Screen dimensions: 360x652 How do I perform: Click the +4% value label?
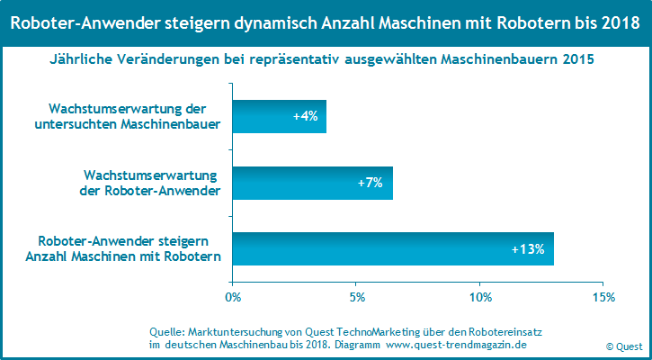point(306,116)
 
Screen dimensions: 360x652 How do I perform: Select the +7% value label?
point(370,183)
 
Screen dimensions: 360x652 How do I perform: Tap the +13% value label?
point(528,249)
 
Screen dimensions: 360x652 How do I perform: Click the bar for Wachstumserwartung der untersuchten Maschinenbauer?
point(270,116)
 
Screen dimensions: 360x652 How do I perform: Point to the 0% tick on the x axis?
point(233,297)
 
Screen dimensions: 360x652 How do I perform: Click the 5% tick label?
point(357,297)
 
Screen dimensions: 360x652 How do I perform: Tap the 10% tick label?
point(480,297)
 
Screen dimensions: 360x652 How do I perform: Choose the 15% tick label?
point(603,297)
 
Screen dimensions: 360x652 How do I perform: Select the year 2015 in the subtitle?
point(577,60)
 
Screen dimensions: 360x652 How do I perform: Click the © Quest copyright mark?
point(623,346)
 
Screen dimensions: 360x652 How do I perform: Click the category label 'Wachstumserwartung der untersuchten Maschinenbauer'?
point(131,116)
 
